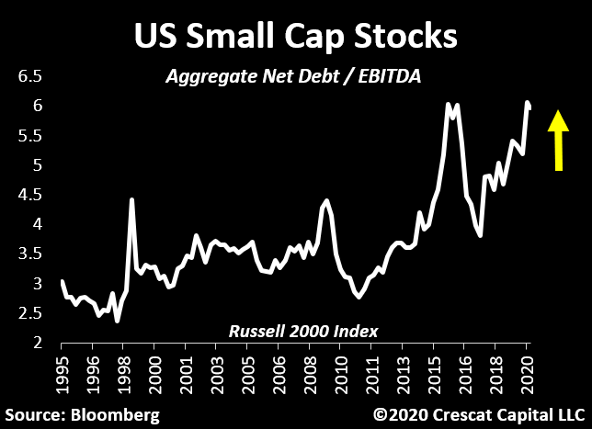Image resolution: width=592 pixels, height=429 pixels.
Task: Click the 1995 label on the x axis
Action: tap(62, 373)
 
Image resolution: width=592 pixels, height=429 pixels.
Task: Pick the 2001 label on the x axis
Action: tap(187, 373)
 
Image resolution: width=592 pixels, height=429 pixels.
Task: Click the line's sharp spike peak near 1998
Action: tap(132, 199)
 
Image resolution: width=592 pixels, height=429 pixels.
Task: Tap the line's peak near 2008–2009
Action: tap(326, 200)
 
